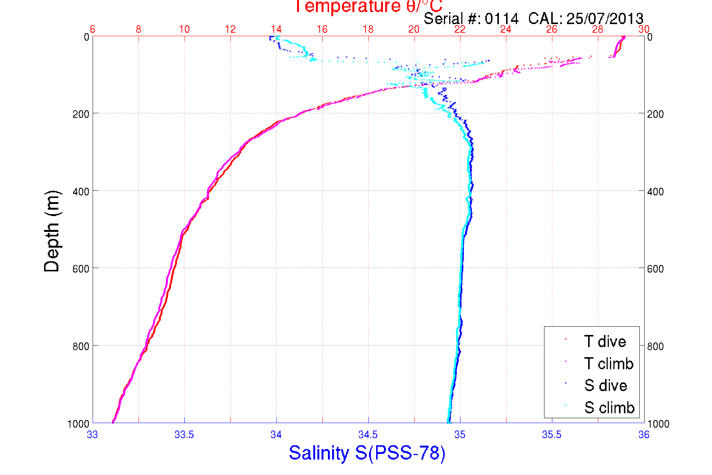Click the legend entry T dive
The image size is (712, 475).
[x=605, y=341]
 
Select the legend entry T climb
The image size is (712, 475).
[x=608, y=364]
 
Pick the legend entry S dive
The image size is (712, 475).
[x=605, y=385]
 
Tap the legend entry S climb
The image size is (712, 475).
[x=609, y=408]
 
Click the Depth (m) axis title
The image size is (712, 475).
[x=52, y=231]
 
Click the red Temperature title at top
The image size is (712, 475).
[x=368, y=6]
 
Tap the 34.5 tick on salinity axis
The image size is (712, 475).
[x=368, y=435]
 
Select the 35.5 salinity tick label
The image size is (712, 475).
[x=552, y=435]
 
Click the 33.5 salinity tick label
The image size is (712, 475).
[x=184, y=435]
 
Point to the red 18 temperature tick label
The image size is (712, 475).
[x=368, y=29]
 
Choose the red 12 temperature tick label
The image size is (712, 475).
[x=230, y=29]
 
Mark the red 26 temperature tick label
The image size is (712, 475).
[x=552, y=29]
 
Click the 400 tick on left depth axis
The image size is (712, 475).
[x=81, y=192]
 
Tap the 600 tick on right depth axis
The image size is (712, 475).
[x=655, y=269]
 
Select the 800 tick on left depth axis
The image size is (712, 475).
[x=81, y=346]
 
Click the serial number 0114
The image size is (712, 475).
[x=502, y=18]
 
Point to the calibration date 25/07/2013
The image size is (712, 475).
[x=605, y=18]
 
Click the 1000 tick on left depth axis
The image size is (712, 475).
[x=78, y=424]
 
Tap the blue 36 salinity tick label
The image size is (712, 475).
[x=643, y=435]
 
